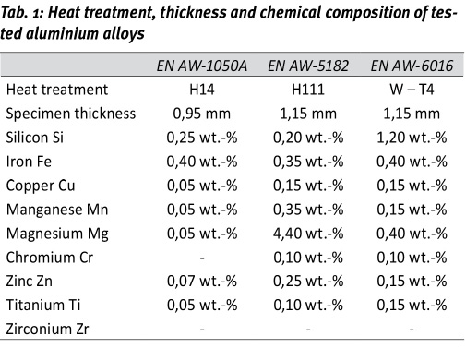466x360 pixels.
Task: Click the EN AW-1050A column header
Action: click(200, 66)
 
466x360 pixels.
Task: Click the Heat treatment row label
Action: click(57, 90)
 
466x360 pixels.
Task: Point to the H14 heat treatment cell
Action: click(201, 90)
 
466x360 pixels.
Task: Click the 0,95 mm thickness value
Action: click(201, 114)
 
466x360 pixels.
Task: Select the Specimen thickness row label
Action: click(71, 114)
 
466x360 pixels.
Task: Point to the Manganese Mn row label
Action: click(61, 210)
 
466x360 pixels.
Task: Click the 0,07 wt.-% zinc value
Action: click(201, 282)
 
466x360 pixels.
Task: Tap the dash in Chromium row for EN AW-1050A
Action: click(201, 258)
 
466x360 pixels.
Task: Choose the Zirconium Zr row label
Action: click(54, 330)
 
